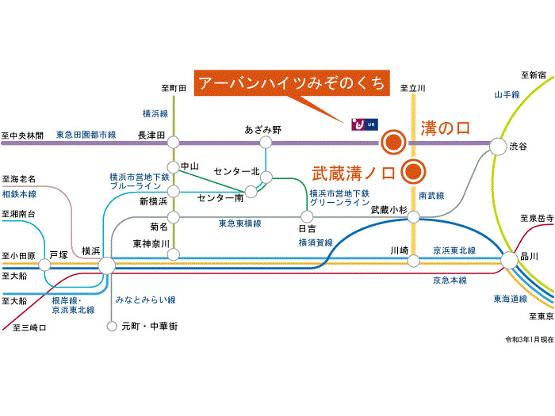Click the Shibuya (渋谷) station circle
click(x=498, y=146)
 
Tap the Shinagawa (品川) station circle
click(x=510, y=260)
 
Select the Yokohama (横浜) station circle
click(x=106, y=265)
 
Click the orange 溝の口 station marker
click(x=393, y=142)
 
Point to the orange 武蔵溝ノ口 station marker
click(x=413, y=172)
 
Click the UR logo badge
click(x=365, y=124)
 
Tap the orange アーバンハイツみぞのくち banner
click(x=292, y=83)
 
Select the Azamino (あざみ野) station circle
click(x=266, y=142)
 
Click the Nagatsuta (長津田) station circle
click(x=173, y=142)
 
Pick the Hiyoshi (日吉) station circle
click(x=307, y=216)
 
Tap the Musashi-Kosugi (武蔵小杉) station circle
click(x=413, y=217)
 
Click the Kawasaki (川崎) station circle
click(x=413, y=261)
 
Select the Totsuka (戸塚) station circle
click(x=44, y=265)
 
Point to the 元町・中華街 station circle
click(x=112, y=326)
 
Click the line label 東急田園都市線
click(x=86, y=135)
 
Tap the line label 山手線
click(x=507, y=95)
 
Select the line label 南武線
click(x=431, y=196)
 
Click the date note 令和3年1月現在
click(x=529, y=340)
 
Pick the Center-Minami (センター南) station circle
click(x=251, y=192)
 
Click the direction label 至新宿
click(x=533, y=75)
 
